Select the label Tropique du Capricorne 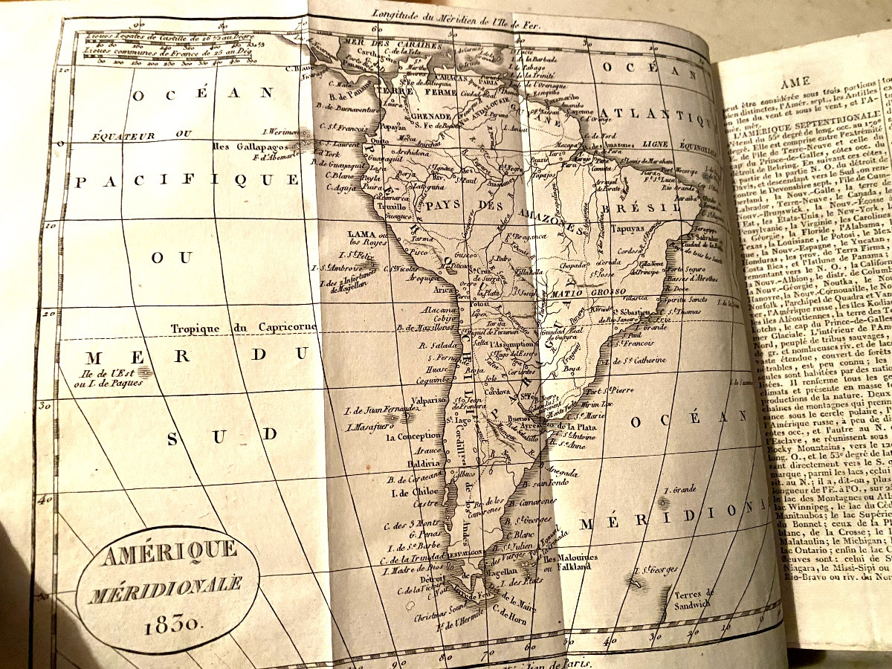tap(243, 327)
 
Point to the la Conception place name tap(413, 437)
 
